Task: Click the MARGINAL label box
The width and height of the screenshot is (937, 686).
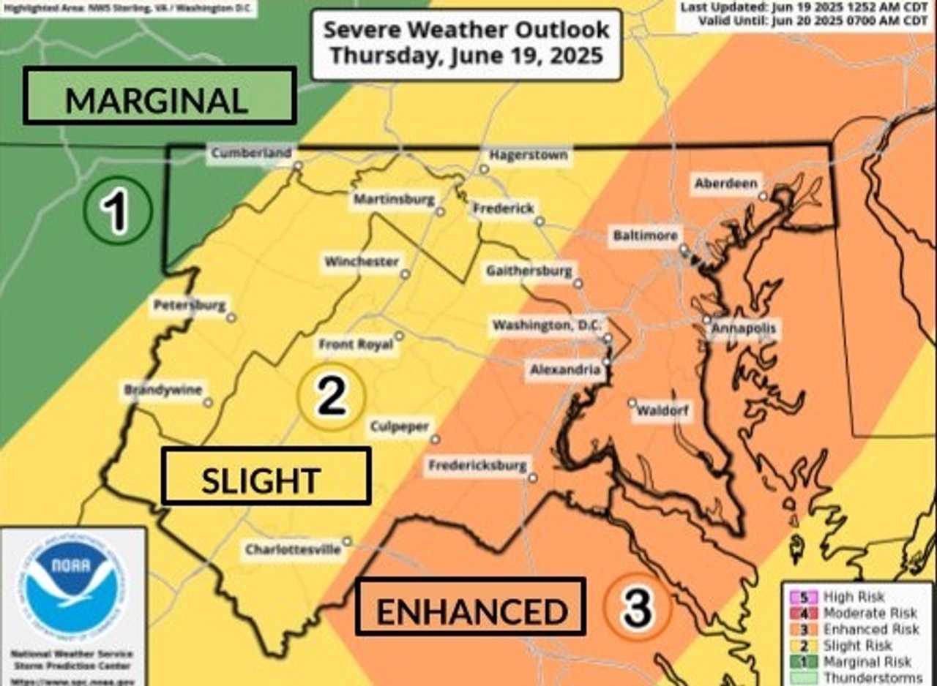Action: click(159, 96)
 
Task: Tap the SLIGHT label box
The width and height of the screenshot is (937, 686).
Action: click(266, 476)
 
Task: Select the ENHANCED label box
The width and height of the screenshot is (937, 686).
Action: click(470, 606)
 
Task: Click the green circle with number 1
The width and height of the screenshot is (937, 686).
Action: click(117, 211)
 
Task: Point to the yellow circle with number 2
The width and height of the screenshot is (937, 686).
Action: click(331, 397)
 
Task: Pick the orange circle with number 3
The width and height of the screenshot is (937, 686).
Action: click(638, 606)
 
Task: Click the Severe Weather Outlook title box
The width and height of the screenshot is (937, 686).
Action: click(466, 42)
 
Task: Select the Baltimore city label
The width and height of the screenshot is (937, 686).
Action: click(646, 236)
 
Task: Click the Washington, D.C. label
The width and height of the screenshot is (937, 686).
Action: click(546, 325)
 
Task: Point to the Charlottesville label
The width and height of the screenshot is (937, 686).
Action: click(293, 549)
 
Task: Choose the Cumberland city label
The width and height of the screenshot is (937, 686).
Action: click(251, 153)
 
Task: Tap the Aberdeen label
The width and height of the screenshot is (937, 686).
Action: click(725, 184)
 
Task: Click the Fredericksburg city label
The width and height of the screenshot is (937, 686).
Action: click(477, 465)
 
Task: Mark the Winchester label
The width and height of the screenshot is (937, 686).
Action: click(362, 261)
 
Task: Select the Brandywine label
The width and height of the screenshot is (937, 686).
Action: click(163, 390)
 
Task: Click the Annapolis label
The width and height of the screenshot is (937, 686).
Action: click(744, 328)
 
